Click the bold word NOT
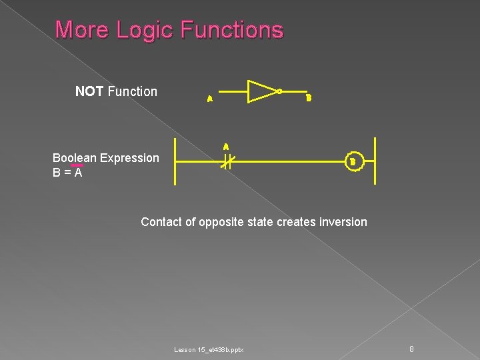click(x=89, y=91)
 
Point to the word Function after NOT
click(x=132, y=91)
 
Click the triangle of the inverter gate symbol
click(x=261, y=91)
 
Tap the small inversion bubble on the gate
click(x=280, y=91)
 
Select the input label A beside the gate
click(x=209, y=99)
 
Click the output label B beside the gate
click(x=308, y=99)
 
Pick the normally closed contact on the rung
click(x=226, y=161)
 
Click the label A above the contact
click(x=226, y=147)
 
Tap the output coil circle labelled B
click(x=353, y=161)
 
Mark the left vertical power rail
click(x=175, y=161)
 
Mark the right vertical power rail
click(x=375, y=161)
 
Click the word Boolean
click(x=75, y=158)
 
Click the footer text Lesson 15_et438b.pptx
click(x=209, y=350)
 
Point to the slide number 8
click(x=412, y=349)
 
